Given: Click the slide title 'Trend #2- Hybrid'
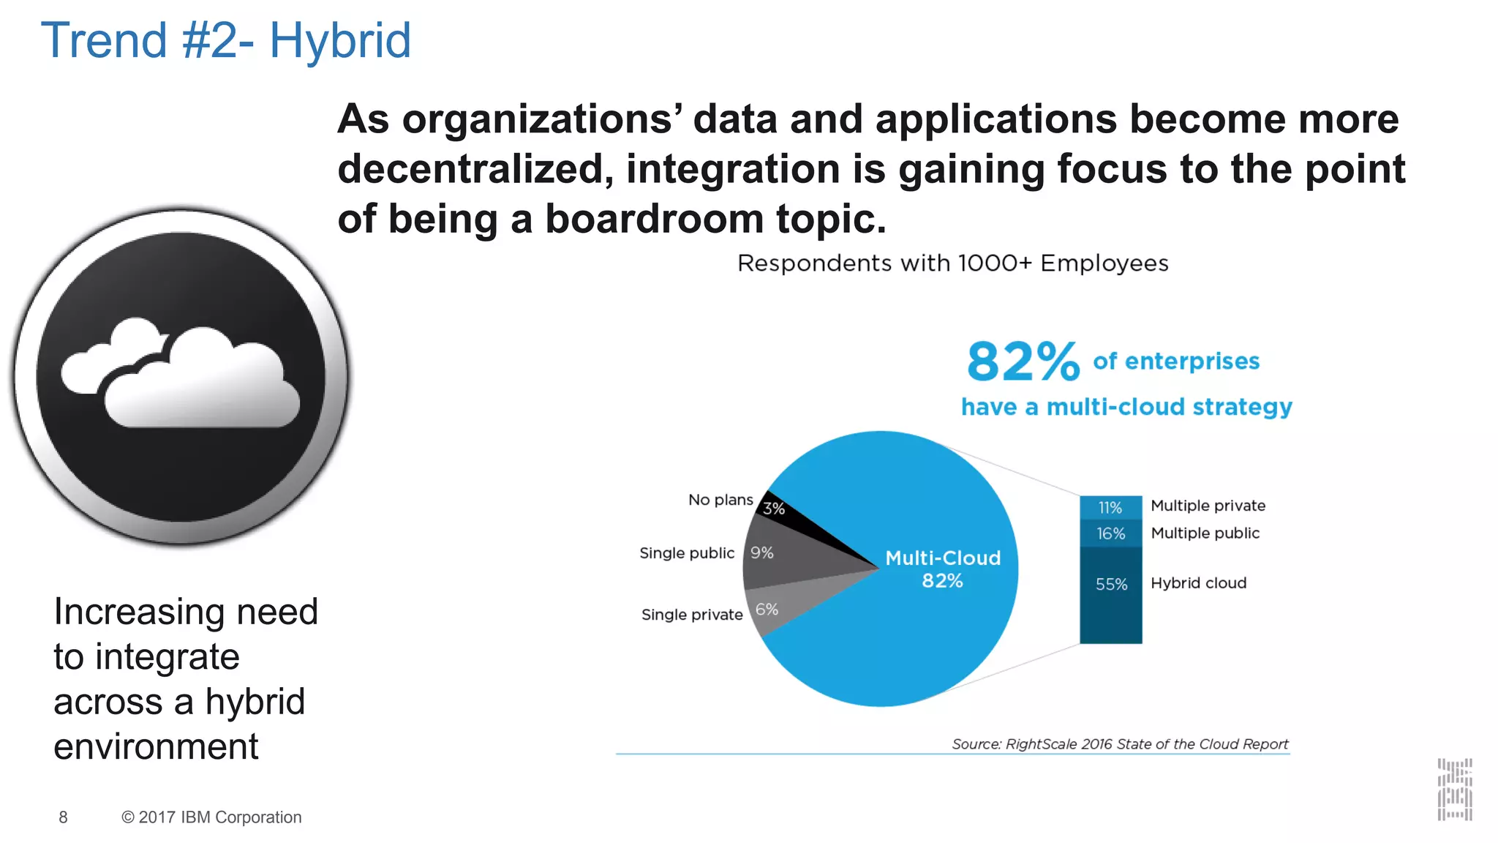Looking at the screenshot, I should (225, 40).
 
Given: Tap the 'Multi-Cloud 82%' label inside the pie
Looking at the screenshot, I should (942, 569).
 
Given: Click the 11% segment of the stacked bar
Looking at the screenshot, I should (1110, 507).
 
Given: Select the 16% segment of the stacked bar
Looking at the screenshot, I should (1110, 533).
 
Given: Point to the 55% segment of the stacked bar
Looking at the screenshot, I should (1110, 593).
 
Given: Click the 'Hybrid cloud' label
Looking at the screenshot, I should (1198, 583).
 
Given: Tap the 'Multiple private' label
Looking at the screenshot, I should (1208, 506).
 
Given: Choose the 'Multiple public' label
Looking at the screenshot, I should (1205, 533).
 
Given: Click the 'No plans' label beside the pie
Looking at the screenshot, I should (720, 500).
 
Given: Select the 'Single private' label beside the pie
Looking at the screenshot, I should (691, 615).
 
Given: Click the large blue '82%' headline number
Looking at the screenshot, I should (1023, 362).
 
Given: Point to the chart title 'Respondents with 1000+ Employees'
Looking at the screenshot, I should (952, 263).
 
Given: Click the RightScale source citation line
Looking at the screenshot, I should (1119, 744).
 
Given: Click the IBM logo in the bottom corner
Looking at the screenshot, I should (1454, 790).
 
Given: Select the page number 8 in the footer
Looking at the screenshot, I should (64, 817).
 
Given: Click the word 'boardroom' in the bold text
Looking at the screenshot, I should (654, 219).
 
